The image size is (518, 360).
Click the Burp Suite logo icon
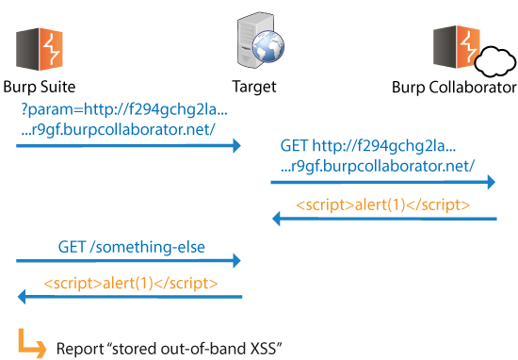(40, 49)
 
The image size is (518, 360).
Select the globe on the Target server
(268, 47)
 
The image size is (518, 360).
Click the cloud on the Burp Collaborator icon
(494, 62)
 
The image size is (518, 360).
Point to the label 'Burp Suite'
(40, 88)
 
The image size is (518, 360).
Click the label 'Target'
(254, 88)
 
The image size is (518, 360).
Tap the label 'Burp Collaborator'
(454, 88)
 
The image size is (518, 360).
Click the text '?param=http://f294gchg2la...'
(124, 109)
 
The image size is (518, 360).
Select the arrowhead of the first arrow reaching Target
(236, 146)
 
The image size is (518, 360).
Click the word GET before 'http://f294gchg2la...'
(294, 145)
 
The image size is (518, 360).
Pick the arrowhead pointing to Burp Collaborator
(492, 182)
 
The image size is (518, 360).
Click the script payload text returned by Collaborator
(383, 205)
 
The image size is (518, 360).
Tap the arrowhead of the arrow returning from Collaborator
(276, 219)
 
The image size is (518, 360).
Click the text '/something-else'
(147, 247)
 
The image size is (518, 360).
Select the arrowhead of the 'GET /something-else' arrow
(236, 261)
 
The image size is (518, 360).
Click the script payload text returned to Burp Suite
(131, 284)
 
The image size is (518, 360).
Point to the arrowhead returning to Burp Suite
(22, 297)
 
